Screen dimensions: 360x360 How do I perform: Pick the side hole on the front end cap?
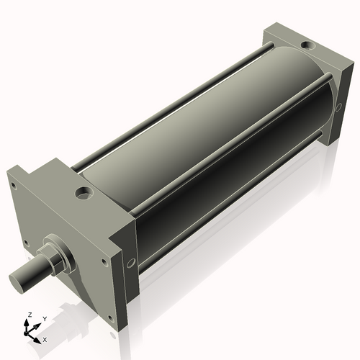click(x=130, y=264)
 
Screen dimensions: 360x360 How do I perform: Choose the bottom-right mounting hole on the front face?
click(x=110, y=319)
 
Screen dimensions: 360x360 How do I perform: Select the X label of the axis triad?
click(x=45, y=338)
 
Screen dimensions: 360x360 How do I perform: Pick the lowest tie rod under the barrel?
click(x=230, y=210)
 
